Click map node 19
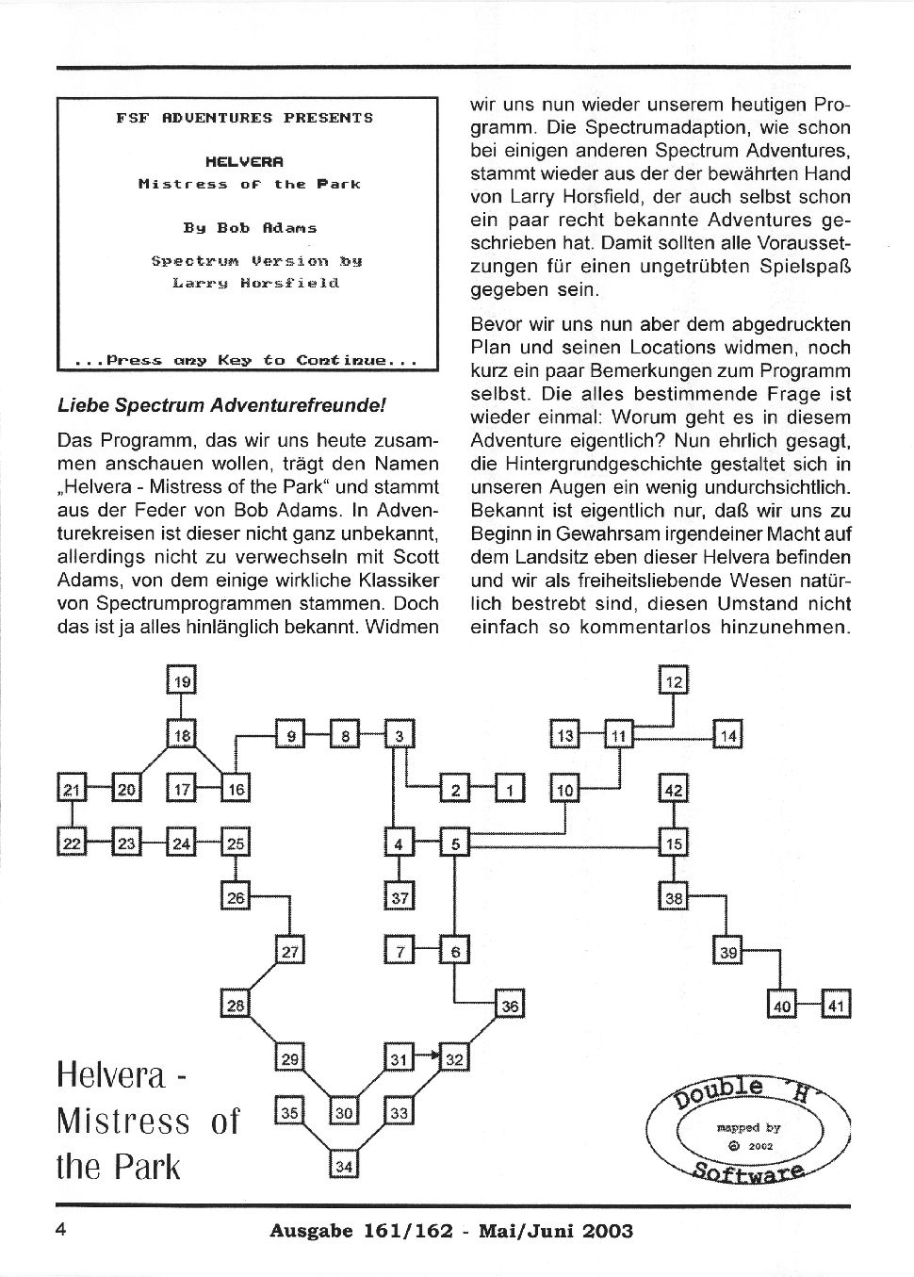click(x=182, y=680)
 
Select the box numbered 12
click(x=673, y=680)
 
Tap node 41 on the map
click(x=836, y=1006)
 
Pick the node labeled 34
click(x=344, y=1167)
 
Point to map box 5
click(x=454, y=843)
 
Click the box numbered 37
click(x=400, y=897)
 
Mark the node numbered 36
click(x=509, y=1006)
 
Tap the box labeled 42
click(x=673, y=790)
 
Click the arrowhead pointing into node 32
click(x=437, y=1056)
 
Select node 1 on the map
click(x=509, y=790)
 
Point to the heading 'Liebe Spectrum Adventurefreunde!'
click(x=222, y=406)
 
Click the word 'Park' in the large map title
click(x=147, y=1167)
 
